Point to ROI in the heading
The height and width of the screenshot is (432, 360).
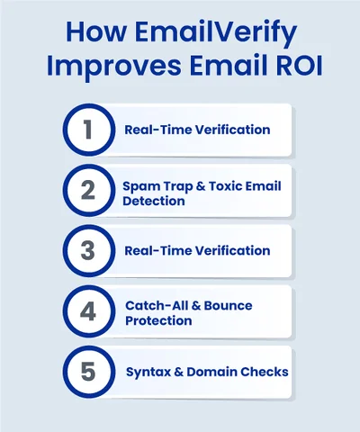pos(276,69)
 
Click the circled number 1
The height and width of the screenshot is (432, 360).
pos(88,130)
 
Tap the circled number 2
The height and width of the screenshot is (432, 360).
pos(88,190)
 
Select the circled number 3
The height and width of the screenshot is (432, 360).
pos(88,250)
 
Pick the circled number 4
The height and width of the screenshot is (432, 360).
pos(88,311)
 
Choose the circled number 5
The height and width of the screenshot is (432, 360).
pos(88,372)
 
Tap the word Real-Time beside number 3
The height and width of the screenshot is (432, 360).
pos(156,250)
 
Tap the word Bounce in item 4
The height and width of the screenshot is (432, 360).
pos(226,305)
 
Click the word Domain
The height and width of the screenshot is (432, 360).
pos(213,372)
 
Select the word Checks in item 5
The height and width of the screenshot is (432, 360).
pos(267,372)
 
